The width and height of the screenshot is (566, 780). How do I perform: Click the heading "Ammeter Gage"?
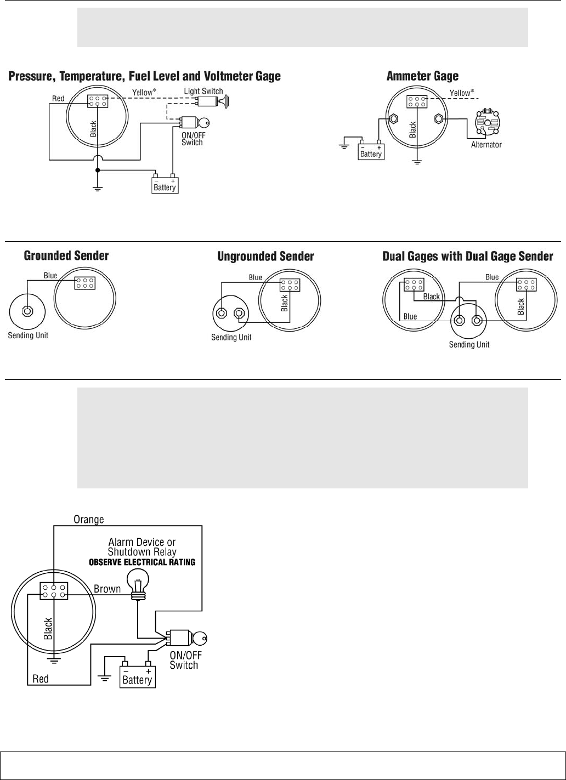[x=422, y=76]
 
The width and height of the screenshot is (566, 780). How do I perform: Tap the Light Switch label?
[x=203, y=91]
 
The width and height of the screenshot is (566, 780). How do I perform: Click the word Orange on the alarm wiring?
[x=89, y=519]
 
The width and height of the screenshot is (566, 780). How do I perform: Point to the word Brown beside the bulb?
[x=107, y=589]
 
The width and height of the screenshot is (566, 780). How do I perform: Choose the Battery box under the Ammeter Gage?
[x=371, y=151]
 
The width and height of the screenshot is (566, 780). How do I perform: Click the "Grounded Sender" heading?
[x=66, y=255]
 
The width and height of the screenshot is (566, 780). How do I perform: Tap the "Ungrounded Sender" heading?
[x=265, y=256]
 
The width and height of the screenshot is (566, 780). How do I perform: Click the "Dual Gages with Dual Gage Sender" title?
[x=467, y=256]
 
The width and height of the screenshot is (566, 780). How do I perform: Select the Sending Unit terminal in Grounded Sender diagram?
[x=26, y=311]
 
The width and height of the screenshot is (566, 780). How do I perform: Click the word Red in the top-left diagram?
[x=58, y=99]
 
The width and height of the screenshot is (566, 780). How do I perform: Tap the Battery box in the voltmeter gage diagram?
[x=165, y=185]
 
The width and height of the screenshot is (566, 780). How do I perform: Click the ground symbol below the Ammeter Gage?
[x=418, y=162]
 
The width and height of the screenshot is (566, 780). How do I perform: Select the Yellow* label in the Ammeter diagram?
[x=460, y=93]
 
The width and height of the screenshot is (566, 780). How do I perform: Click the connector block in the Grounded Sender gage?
[x=85, y=283]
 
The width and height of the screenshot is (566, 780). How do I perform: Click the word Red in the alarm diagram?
[x=41, y=679]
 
